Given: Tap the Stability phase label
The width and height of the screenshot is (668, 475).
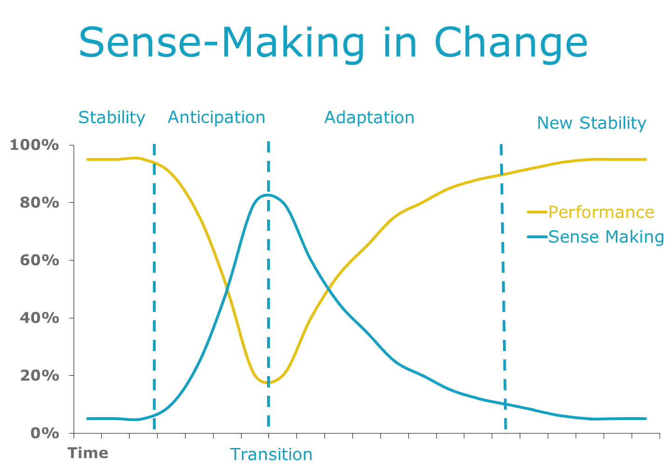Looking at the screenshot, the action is [111, 118].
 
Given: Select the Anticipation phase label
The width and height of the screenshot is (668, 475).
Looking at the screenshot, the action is [216, 117].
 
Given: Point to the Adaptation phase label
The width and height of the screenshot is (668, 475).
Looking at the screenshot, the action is [369, 117].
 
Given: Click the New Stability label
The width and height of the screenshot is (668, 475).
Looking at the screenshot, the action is [592, 123].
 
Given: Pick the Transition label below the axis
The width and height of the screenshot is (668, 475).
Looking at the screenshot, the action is [271, 454].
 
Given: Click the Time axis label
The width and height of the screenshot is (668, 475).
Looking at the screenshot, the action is [88, 453].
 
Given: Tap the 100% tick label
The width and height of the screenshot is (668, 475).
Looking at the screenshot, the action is [34, 145].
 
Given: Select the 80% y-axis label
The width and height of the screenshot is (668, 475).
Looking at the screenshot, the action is [39, 203].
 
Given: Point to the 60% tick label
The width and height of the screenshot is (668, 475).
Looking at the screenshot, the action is [39, 260].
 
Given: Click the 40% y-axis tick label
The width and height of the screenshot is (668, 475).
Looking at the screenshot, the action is [39, 318].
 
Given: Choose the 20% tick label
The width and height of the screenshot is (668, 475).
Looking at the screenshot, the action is [39, 375].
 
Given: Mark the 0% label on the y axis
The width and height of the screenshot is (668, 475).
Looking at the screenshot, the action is [45, 433].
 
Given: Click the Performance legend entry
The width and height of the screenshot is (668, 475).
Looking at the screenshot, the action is [591, 212].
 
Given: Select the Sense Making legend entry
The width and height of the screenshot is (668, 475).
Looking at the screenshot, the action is [596, 237].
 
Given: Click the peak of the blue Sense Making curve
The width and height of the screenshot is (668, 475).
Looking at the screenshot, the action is [268, 195].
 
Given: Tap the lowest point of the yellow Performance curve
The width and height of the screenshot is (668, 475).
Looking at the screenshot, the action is [268, 383].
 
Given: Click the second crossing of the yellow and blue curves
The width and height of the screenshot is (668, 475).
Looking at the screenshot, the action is [328, 289].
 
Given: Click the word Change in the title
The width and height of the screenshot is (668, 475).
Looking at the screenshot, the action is [511, 45].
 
